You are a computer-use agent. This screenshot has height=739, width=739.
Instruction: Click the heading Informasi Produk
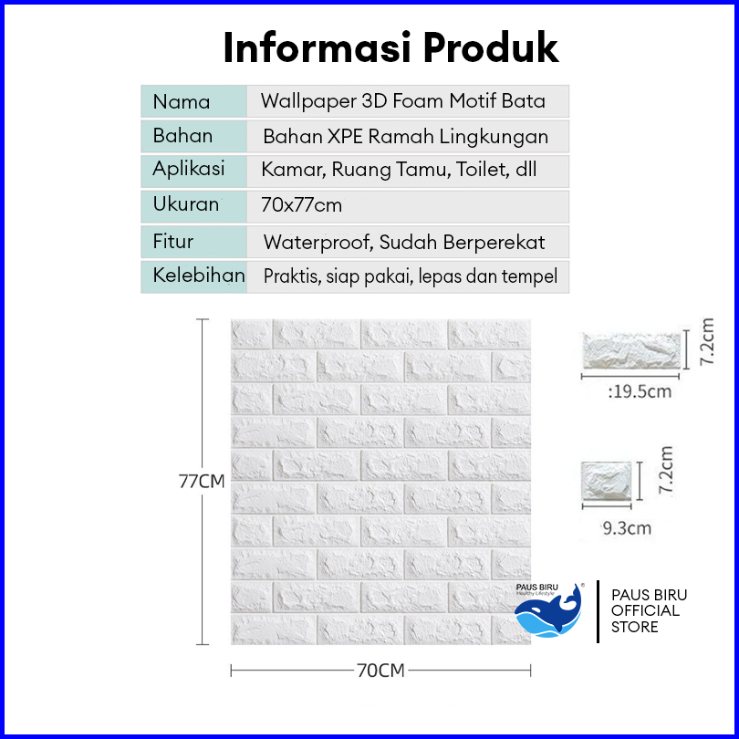pyautogui.click(x=390, y=47)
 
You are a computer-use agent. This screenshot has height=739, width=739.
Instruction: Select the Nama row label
pyautogui.click(x=182, y=101)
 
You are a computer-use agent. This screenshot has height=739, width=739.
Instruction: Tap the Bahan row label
pyautogui.click(x=183, y=136)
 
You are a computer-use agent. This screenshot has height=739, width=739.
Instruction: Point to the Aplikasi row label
pyautogui.click(x=189, y=170)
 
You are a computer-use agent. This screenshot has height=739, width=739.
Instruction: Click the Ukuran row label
pyautogui.click(x=186, y=205)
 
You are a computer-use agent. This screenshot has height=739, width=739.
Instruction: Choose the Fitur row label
pyautogui.click(x=173, y=242)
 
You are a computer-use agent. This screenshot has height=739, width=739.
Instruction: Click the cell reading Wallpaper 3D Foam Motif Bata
pyautogui.click(x=403, y=101)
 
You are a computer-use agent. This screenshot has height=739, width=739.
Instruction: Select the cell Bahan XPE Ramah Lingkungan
pyautogui.click(x=406, y=137)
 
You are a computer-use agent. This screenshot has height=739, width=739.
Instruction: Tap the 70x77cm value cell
pyautogui.click(x=302, y=205)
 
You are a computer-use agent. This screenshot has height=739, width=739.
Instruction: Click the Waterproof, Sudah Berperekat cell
pyautogui.click(x=404, y=242)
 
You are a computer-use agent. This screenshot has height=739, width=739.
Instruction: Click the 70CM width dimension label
pyautogui.click(x=380, y=671)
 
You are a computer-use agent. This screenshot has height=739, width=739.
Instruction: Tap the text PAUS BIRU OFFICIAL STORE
pyautogui.click(x=650, y=610)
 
